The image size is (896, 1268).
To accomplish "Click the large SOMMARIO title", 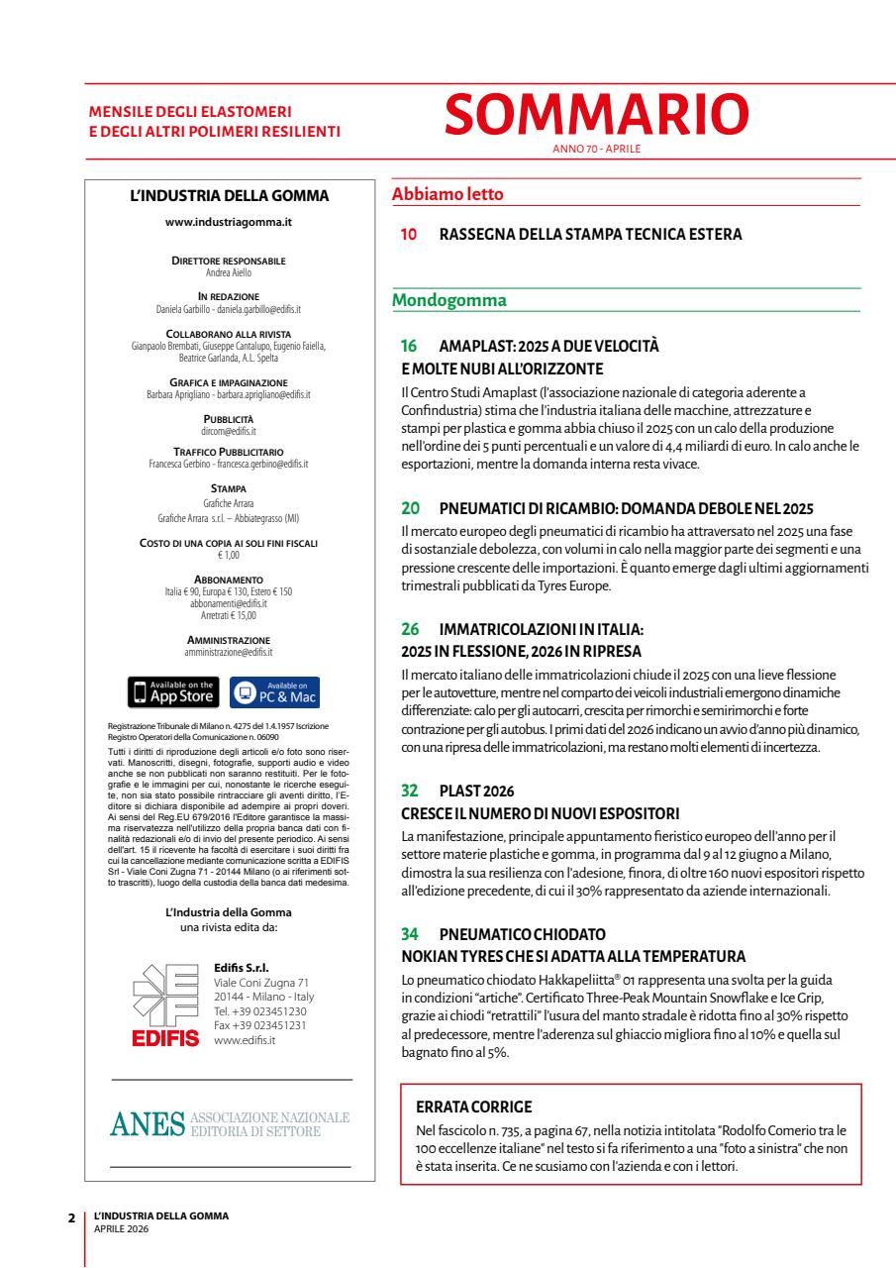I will point(596,116).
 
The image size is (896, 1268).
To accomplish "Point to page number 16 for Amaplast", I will point(408,349).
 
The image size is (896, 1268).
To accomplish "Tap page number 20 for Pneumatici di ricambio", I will point(408,508).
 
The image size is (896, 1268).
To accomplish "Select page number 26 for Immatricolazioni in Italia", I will point(408,629).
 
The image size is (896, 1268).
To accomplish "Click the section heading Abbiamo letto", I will point(448,194).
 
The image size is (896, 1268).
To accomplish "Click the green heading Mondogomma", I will point(449,299).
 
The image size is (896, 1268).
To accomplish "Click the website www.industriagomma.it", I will point(230,222).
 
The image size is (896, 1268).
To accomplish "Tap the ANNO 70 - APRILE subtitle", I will point(596,150).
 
